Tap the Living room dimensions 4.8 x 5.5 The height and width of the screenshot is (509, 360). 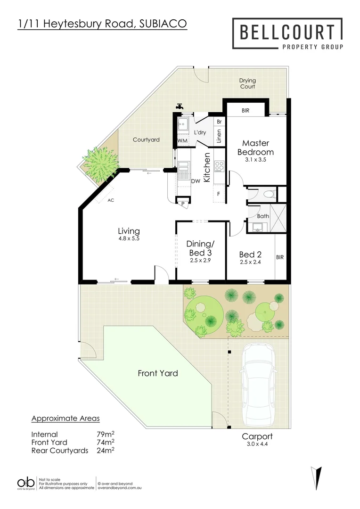click(x=129, y=239)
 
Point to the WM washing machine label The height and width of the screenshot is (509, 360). click(x=182, y=141)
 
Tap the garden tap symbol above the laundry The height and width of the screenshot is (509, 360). click(x=180, y=107)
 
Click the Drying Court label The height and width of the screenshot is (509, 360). click(x=247, y=84)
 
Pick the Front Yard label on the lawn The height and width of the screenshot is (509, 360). click(x=158, y=373)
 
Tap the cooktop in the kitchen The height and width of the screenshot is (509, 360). click(x=220, y=165)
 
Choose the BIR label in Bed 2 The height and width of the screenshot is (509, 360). click(x=280, y=257)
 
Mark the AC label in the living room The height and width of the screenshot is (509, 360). click(x=111, y=200)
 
